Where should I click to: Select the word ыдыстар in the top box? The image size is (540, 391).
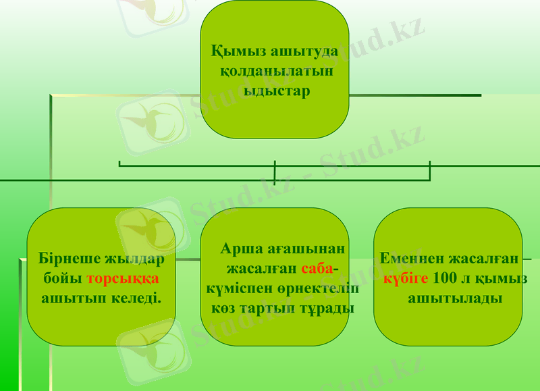click(x=276, y=91)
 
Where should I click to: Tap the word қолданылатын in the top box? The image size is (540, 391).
click(x=276, y=71)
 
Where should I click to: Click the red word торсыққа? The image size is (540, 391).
click(x=123, y=278)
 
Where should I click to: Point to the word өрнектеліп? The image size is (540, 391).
click(x=310, y=288)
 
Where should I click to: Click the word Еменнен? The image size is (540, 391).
click(x=412, y=259)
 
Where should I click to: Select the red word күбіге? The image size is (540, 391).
click(x=407, y=278)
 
